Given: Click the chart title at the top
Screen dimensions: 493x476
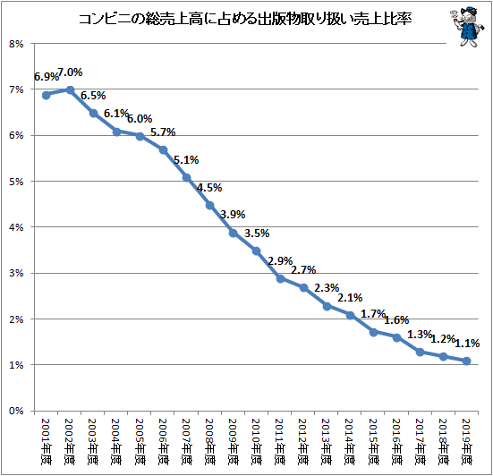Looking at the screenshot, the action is [x=245, y=19].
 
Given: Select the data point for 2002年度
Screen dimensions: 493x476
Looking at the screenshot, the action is [x=70, y=90].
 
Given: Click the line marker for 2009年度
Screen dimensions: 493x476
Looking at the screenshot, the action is [x=233, y=233].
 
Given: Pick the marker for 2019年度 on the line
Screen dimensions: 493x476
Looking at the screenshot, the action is [x=466, y=361].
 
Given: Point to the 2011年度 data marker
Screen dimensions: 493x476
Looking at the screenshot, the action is [x=280, y=279].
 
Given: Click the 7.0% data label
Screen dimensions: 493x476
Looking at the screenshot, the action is [x=70, y=72].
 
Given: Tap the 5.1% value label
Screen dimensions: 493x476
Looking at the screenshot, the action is [x=186, y=160].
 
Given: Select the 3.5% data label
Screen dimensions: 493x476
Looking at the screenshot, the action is [x=257, y=234].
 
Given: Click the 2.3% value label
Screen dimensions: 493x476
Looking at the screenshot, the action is [x=327, y=288].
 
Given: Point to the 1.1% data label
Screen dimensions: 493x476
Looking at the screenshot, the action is [x=467, y=343].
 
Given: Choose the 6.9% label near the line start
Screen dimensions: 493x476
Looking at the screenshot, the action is [x=47, y=77].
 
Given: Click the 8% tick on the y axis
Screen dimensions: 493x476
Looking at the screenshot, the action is [x=16, y=44].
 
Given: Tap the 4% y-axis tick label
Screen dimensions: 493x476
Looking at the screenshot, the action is [x=16, y=227].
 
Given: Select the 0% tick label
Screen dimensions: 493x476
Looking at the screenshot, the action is [x=16, y=411].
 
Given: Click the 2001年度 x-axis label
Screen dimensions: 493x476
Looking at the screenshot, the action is [x=46, y=441].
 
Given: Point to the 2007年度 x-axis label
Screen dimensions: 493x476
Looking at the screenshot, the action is [x=186, y=441].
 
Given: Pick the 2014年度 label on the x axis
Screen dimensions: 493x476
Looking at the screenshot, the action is [x=350, y=441].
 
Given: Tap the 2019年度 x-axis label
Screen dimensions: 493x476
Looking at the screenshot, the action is [x=466, y=441].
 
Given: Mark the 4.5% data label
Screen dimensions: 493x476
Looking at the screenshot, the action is [x=209, y=188].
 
